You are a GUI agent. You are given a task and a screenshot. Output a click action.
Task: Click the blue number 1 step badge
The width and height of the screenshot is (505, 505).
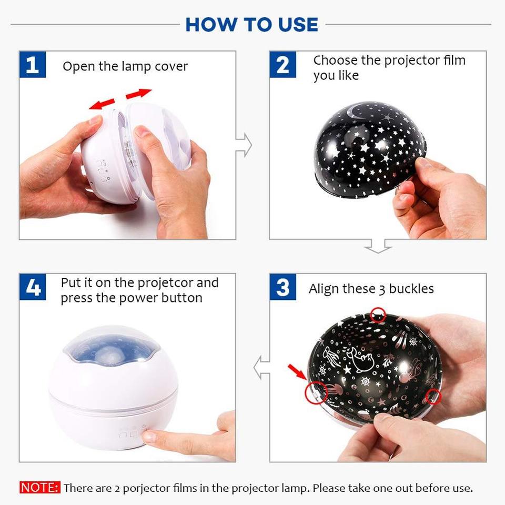33,65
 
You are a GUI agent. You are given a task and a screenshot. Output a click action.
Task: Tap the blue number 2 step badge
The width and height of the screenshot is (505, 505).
282,65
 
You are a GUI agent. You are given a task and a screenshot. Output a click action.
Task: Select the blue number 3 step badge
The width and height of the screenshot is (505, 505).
282,288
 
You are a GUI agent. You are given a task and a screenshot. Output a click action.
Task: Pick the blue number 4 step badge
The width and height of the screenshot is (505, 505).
33,288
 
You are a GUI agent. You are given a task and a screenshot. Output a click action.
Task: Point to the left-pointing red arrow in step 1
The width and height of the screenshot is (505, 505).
102,104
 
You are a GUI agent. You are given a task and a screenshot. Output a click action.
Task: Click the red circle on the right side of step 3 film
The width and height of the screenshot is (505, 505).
432,396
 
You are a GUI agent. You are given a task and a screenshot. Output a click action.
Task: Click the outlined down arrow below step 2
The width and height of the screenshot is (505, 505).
378,245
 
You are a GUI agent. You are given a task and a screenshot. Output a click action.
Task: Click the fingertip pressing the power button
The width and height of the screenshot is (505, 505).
149,436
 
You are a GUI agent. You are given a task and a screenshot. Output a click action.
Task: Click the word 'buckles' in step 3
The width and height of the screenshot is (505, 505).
409,289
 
